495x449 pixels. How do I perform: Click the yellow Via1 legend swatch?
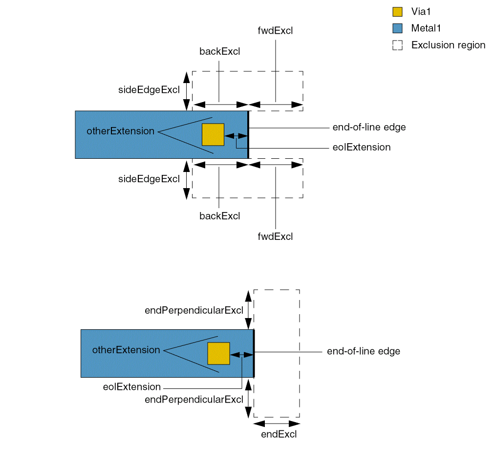click(x=397, y=12)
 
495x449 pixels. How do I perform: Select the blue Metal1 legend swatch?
click(x=397, y=28)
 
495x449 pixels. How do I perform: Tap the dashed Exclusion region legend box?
click(x=397, y=45)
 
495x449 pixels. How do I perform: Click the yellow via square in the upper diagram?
click(x=213, y=134)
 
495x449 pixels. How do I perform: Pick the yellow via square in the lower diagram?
click(x=218, y=353)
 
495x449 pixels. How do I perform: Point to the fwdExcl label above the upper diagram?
click(x=275, y=31)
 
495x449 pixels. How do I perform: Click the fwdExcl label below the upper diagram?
click(x=275, y=237)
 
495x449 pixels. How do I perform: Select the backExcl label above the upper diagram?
click(x=220, y=51)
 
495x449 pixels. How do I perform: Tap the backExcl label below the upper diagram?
click(x=220, y=215)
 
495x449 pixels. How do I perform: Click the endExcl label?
click(x=279, y=434)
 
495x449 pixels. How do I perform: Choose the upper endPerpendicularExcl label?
click(x=194, y=310)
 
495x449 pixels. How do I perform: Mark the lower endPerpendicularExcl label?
click(x=194, y=399)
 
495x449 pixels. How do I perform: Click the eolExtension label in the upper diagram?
click(x=361, y=147)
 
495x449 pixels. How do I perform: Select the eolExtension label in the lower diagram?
click(x=132, y=387)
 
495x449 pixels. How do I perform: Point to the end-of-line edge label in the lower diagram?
click(x=364, y=351)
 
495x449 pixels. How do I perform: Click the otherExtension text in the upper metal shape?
click(x=121, y=131)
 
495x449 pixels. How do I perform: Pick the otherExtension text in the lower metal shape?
click(x=126, y=350)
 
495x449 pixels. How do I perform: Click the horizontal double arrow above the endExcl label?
click(x=277, y=423)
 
